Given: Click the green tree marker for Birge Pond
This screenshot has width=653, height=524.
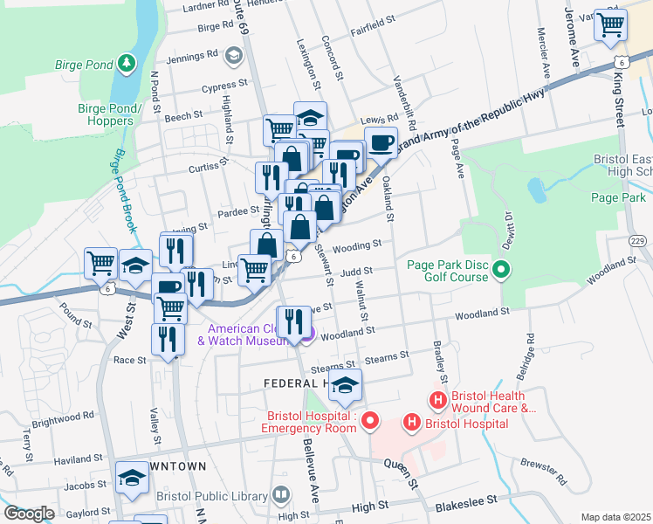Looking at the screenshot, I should point(127,63).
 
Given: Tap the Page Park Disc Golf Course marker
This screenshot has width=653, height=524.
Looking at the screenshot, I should point(501,270).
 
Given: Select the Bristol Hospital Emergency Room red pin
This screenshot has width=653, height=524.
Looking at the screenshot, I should point(370,422).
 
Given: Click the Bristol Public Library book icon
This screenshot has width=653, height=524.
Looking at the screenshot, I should point(280,494).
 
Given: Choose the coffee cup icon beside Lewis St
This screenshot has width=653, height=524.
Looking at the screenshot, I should point(380,141).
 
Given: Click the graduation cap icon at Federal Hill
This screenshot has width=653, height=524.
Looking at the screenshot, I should point(345,385).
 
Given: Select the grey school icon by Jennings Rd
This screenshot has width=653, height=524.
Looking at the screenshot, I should point(233,56).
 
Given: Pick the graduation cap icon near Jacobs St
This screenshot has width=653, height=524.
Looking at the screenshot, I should point(132,477).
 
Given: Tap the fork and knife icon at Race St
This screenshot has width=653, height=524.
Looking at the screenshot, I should point(168,339).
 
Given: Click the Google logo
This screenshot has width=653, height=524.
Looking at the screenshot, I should point(29,514).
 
